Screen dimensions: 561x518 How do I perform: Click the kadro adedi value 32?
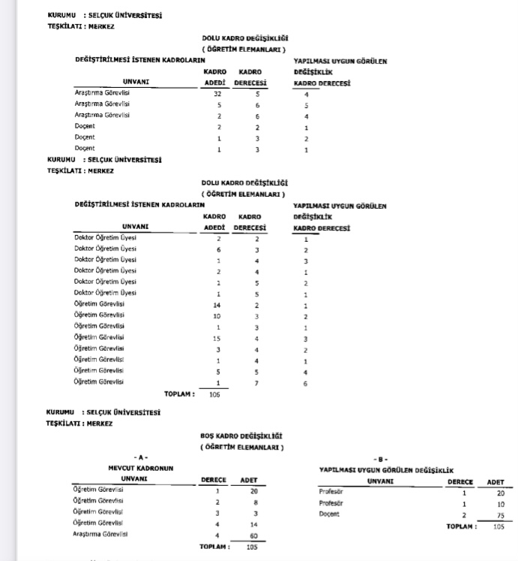217,95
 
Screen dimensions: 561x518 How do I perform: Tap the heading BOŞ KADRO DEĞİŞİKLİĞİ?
241,436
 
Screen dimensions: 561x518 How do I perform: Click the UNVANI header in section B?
378,481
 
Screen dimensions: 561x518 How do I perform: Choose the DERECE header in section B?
460,481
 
